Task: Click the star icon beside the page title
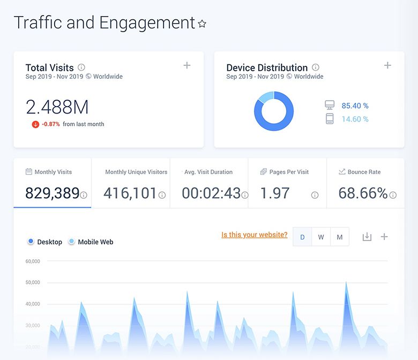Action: click(x=202, y=24)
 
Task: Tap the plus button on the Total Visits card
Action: click(x=187, y=65)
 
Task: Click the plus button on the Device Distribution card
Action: click(x=387, y=65)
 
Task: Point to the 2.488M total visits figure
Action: click(x=57, y=107)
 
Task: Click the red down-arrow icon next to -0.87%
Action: click(x=35, y=124)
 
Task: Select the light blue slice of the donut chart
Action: click(x=266, y=97)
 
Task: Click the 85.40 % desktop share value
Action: click(x=355, y=106)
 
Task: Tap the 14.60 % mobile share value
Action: click(x=355, y=119)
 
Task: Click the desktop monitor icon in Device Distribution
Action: click(x=330, y=105)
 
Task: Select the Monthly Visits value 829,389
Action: click(x=53, y=193)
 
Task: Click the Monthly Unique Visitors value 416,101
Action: click(x=130, y=193)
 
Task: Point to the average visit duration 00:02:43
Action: click(x=211, y=193)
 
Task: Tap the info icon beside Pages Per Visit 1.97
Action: click(x=315, y=196)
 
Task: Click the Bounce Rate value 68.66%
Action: click(x=363, y=193)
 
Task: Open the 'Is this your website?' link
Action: click(x=255, y=235)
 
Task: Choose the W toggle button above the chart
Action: click(x=321, y=237)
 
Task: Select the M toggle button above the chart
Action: click(x=340, y=237)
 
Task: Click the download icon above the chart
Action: click(x=367, y=237)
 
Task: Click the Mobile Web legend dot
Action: click(x=71, y=242)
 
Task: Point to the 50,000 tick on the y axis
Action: click(x=33, y=282)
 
